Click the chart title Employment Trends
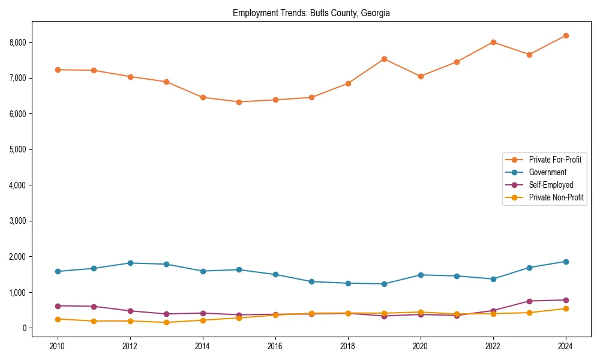(311, 13)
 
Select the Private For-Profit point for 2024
(566, 35)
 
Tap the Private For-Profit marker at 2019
(384, 59)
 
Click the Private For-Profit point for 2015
(239, 102)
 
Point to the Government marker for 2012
(130, 263)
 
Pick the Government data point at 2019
(384, 284)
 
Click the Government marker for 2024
(566, 262)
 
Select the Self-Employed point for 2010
(58, 306)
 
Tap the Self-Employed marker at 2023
(529, 301)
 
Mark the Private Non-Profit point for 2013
(166, 323)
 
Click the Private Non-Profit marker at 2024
(566, 308)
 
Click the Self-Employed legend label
(551, 185)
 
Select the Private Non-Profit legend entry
(556, 197)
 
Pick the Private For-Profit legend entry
(555, 160)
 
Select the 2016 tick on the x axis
(275, 346)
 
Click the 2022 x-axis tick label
(493, 346)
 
